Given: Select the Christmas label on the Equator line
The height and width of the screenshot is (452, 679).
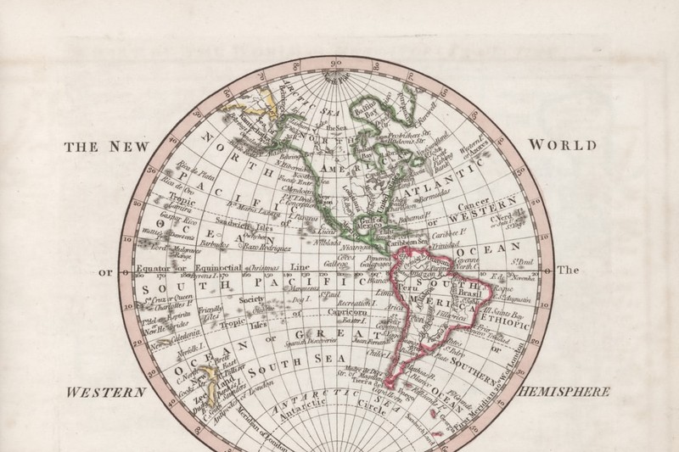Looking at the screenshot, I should pos(259,267).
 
